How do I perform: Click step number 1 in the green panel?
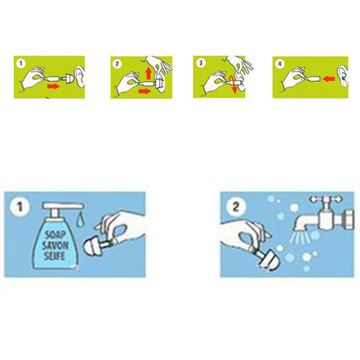(x=21, y=64)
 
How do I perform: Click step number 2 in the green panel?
(x=117, y=64)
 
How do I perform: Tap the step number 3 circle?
(x=201, y=63)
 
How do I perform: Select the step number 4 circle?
(x=280, y=64)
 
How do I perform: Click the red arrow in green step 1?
(x=53, y=87)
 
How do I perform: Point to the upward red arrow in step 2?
(x=148, y=73)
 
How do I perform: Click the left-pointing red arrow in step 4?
(x=328, y=79)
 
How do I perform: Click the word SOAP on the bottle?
(x=55, y=235)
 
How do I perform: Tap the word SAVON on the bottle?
(x=55, y=245)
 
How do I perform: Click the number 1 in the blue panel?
(x=19, y=206)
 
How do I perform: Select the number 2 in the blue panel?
(x=236, y=206)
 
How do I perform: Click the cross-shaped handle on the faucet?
(x=326, y=199)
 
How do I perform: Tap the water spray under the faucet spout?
(x=300, y=236)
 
